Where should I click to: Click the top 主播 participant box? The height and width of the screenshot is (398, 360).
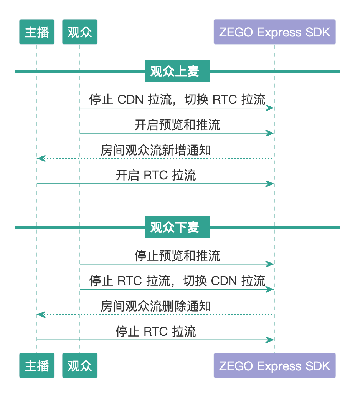click(x=37, y=32)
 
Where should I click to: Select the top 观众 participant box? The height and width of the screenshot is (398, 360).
click(x=80, y=32)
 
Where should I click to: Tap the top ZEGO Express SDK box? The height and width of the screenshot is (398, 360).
click(x=274, y=32)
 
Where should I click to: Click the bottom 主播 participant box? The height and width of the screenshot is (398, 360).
click(x=37, y=366)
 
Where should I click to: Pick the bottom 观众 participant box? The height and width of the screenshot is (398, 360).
click(x=80, y=366)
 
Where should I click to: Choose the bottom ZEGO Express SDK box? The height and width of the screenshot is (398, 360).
click(x=274, y=366)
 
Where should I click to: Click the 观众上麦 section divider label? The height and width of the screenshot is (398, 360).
click(x=177, y=71)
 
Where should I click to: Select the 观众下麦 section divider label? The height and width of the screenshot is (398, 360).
click(x=177, y=227)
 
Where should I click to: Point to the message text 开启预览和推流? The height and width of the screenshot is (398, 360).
click(x=177, y=125)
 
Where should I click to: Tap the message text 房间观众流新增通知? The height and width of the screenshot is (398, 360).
click(x=156, y=150)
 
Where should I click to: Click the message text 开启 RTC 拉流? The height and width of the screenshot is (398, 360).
click(x=156, y=176)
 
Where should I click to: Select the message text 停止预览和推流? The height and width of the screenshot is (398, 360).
click(x=177, y=255)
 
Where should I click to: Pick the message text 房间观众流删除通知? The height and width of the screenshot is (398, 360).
click(x=156, y=306)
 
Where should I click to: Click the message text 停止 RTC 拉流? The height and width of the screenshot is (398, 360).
click(x=156, y=332)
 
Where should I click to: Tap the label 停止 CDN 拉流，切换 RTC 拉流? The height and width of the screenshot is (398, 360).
click(x=177, y=99)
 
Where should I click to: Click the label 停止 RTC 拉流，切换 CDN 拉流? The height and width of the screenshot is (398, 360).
click(x=177, y=281)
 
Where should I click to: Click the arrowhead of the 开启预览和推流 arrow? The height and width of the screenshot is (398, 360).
click(x=271, y=133)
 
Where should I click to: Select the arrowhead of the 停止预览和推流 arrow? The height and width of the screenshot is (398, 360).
click(x=271, y=264)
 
